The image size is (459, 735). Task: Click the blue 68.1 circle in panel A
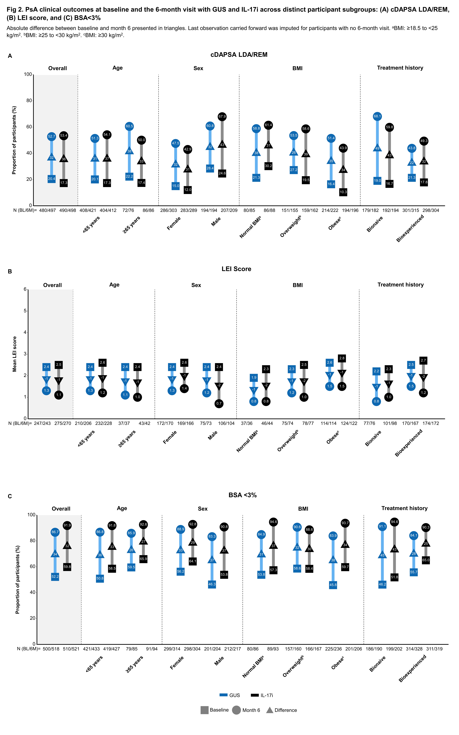point(377,116)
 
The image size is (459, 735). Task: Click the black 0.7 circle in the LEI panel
point(219,403)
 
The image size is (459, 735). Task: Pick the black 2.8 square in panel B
point(342,358)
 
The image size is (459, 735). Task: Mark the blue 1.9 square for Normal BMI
point(254,378)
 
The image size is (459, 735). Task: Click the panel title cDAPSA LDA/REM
point(239,55)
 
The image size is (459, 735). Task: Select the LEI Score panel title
point(236,269)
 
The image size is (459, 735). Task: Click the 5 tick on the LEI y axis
point(25,311)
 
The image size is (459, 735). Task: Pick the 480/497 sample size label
point(47,210)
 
